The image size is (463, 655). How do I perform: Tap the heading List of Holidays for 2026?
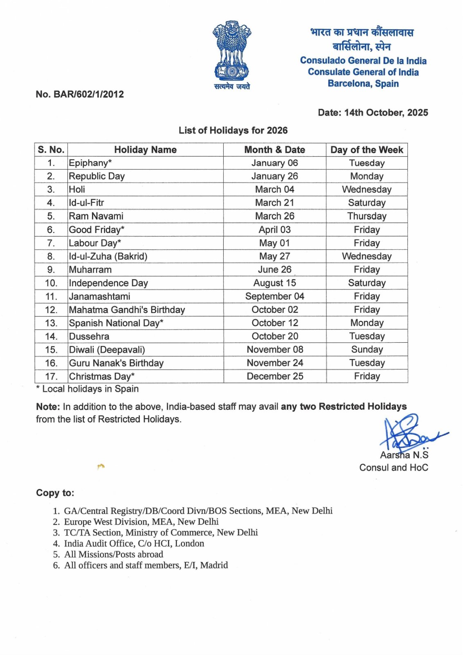[233, 131]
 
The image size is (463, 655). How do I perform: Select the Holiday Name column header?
[145, 150]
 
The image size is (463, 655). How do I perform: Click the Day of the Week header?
[366, 150]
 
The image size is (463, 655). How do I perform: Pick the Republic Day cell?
[97, 176]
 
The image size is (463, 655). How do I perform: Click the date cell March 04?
[274, 190]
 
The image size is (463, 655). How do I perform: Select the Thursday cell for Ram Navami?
[366, 216]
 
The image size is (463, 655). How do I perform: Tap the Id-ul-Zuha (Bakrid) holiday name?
[108, 256]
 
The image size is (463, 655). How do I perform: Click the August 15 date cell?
[274, 283]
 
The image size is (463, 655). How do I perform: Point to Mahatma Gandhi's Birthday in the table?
[127, 310]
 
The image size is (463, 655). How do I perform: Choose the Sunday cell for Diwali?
[366, 350]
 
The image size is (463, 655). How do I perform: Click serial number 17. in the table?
[51, 376]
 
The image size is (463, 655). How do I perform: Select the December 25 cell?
[275, 376]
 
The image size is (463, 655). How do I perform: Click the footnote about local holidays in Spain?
[88, 389]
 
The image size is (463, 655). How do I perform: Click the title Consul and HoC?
[393, 468]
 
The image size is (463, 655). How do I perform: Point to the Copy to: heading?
[55, 493]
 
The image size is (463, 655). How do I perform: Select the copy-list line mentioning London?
[128, 544]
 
